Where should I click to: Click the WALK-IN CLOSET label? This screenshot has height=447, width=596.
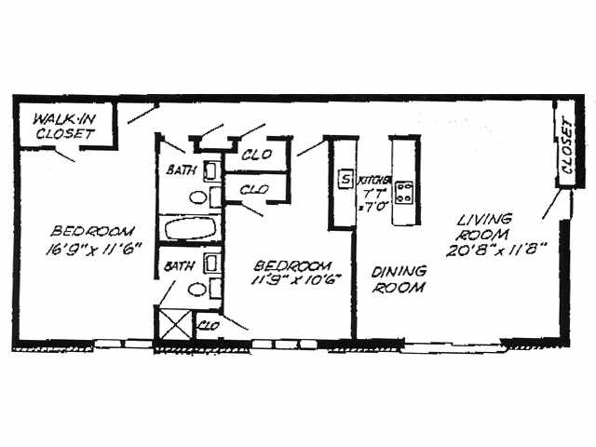tap(64, 127)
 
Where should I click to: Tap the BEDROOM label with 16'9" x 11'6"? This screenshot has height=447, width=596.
tap(94, 231)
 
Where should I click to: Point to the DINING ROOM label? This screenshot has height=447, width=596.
tap(400, 279)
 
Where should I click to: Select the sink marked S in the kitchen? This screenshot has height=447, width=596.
tap(345, 179)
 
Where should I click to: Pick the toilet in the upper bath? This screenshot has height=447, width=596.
tap(197, 196)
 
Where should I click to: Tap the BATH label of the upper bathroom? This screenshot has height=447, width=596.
tap(181, 170)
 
